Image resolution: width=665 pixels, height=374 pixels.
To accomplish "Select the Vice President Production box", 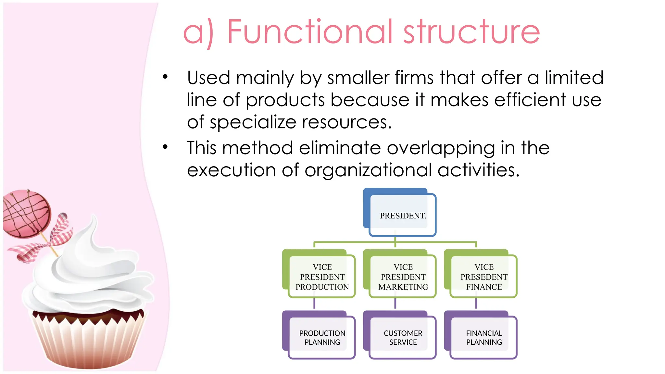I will point(322,277).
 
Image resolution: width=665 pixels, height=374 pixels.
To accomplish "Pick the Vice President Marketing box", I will point(403,277).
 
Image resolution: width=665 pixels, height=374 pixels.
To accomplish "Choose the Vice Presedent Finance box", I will point(483,277).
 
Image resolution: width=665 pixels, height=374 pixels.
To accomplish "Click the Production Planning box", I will point(322,338).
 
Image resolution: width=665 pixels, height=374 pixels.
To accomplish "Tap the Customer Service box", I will point(403,338).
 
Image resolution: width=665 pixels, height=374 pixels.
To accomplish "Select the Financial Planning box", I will point(483,338).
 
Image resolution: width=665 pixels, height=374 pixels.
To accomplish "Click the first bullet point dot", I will point(165,77).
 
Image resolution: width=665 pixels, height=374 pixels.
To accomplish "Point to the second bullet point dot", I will point(165,147).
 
